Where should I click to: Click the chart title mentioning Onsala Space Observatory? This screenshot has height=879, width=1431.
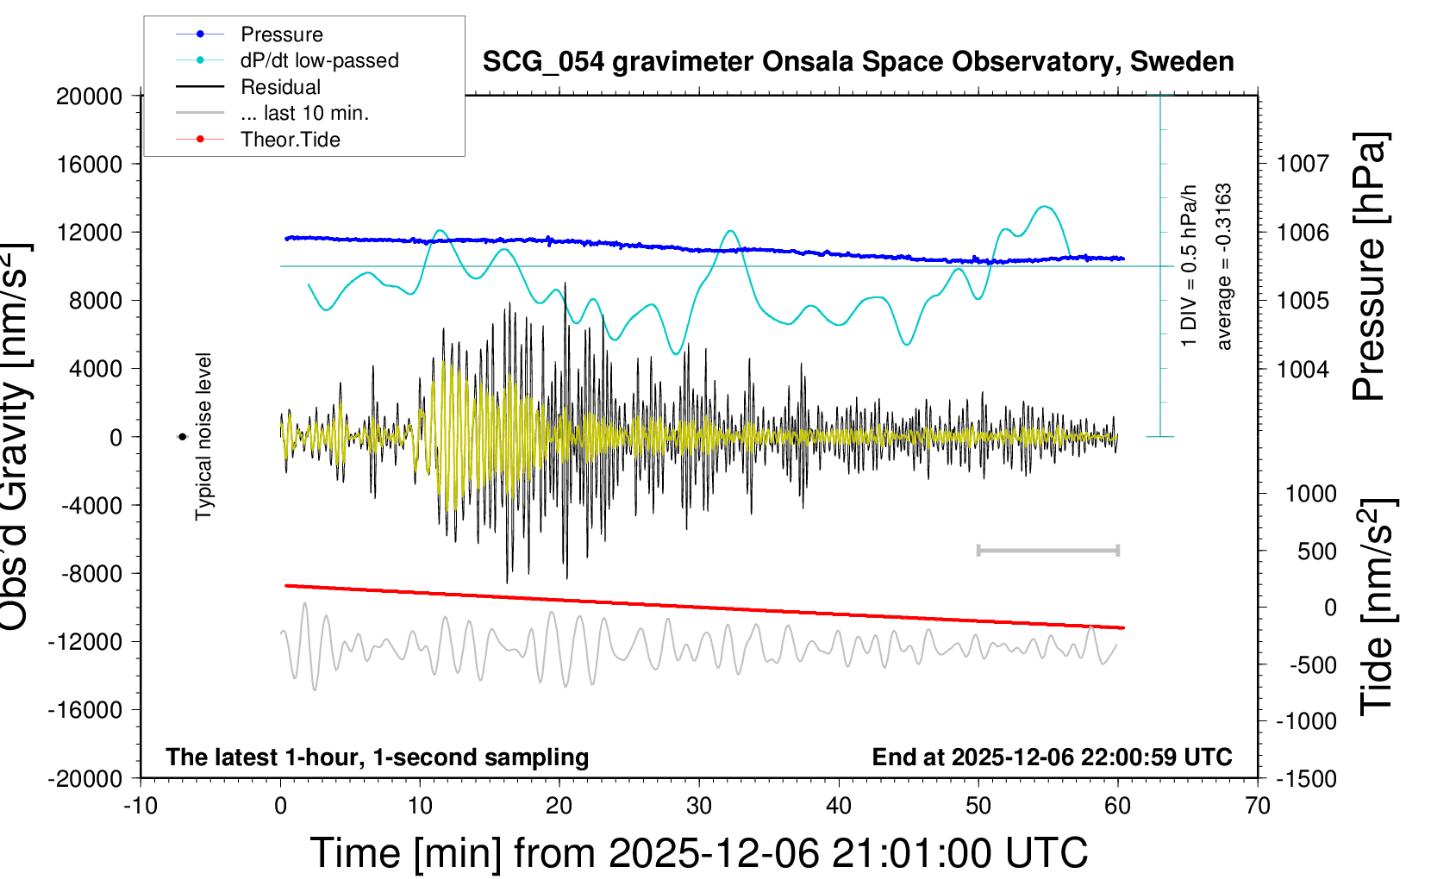coord(858,62)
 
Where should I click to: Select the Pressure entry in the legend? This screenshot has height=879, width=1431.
coord(281,34)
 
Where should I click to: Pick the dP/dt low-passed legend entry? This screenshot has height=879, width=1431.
coord(319,60)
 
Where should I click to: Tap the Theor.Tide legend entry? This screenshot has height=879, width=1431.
coord(290,140)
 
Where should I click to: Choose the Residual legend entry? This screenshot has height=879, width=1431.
coord(280,87)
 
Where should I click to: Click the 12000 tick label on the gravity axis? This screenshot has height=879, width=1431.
coord(90,233)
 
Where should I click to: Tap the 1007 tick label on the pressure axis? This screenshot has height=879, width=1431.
coord(1303,164)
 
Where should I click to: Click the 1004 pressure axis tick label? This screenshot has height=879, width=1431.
coord(1303,370)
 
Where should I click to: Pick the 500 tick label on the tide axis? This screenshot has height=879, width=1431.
coord(1316,552)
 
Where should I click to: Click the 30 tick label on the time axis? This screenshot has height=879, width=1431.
coord(699,807)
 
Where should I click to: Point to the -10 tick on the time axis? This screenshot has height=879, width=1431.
coord(141,807)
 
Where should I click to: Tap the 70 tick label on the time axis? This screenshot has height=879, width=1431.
coord(1258,807)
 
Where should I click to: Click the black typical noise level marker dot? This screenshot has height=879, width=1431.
coord(182,437)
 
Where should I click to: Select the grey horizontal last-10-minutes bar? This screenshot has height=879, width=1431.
coord(1047,550)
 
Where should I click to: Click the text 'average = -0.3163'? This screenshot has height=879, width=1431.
coord(1224,267)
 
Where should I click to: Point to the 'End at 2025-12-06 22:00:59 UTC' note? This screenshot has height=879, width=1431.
coord(1052,757)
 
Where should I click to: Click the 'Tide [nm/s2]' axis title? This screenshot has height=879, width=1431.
coord(1378,608)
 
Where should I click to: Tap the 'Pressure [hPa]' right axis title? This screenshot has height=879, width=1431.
coord(1371,267)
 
